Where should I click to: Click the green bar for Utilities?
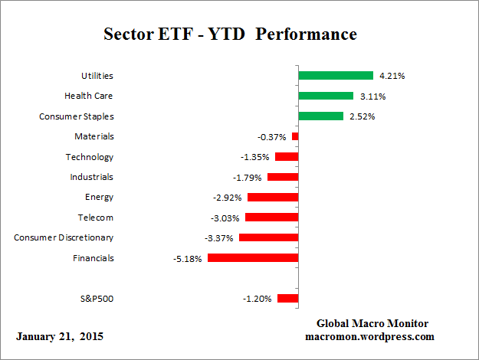click(x=336, y=76)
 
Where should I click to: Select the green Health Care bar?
click(x=326, y=96)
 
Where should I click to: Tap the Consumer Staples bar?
click(x=320, y=116)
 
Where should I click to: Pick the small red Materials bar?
click(x=295, y=136)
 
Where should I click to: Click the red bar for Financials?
click(x=253, y=258)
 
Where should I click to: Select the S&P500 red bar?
click(x=288, y=299)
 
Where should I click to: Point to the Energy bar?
click(x=272, y=198)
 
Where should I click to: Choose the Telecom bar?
click(x=271, y=218)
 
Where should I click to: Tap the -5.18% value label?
click(x=188, y=259)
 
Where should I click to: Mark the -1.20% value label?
click(x=258, y=299)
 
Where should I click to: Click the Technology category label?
click(x=90, y=157)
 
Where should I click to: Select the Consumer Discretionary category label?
click(x=64, y=238)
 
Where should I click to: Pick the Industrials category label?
click(x=91, y=177)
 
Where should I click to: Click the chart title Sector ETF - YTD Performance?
click(x=230, y=35)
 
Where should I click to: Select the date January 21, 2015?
click(x=60, y=336)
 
